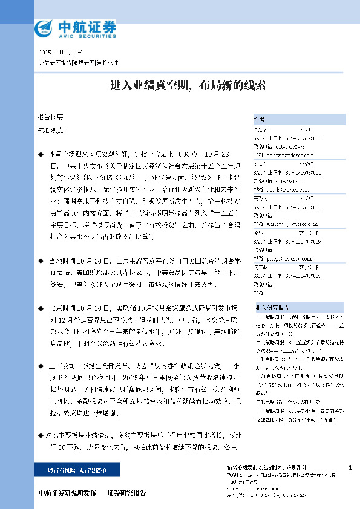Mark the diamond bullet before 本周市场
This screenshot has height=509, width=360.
point(41,154)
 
